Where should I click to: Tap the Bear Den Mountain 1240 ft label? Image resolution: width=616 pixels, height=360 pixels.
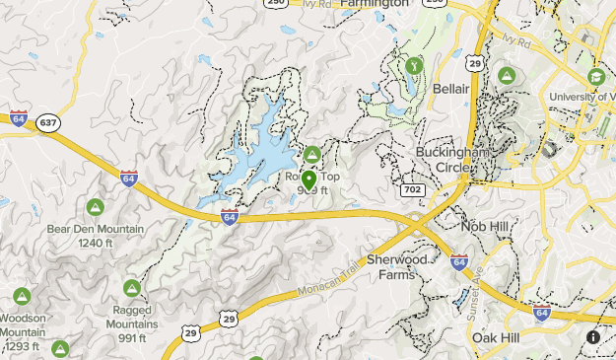(x=95, y=236)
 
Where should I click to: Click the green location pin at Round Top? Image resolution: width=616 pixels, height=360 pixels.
(x=308, y=180)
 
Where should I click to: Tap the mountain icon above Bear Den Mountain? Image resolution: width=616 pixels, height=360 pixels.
(x=96, y=208)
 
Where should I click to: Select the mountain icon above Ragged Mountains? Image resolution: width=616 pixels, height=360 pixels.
(x=130, y=287)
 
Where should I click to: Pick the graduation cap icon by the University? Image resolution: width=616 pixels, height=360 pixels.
(x=595, y=76)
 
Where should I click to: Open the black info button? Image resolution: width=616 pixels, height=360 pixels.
(x=594, y=337)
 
